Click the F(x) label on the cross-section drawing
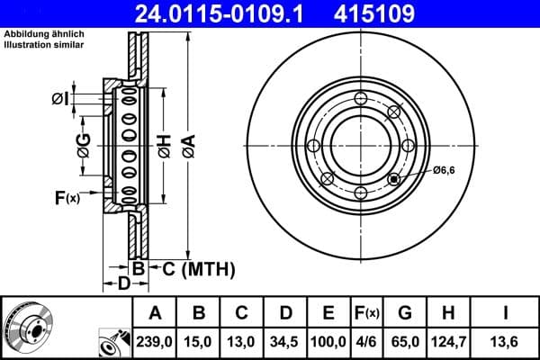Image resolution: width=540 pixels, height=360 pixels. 67,197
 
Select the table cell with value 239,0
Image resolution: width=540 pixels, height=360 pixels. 155,342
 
